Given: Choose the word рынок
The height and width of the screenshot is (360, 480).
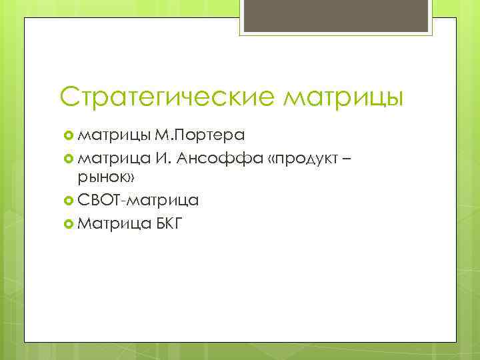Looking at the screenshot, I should (x=103, y=179).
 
